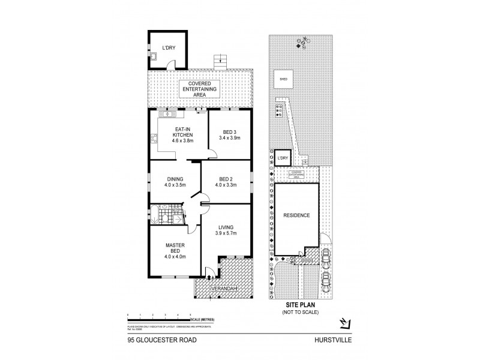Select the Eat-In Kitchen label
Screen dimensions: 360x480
(x=182, y=136)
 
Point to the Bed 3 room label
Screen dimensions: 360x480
(x=228, y=134)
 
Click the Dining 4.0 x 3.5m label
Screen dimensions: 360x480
(x=175, y=181)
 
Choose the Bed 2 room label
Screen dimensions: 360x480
(x=226, y=181)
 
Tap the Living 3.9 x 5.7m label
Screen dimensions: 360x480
(x=226, y=230)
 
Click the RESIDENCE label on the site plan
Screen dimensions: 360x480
(x=297, y=215)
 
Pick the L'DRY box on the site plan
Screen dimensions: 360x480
(x=283, y=158)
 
